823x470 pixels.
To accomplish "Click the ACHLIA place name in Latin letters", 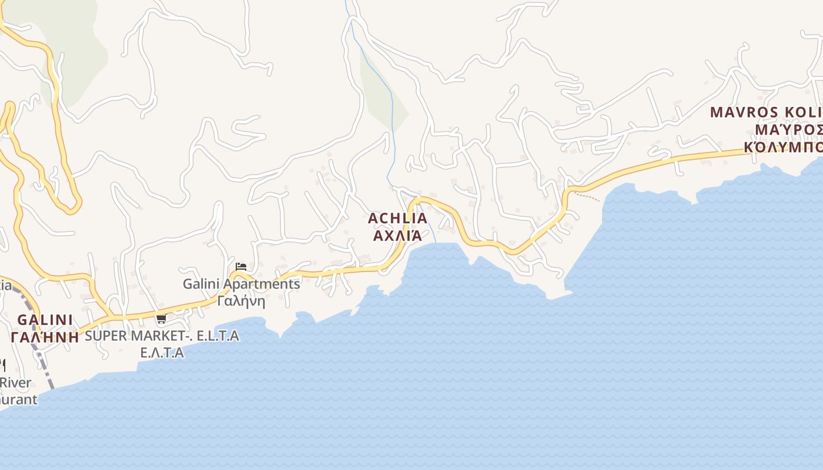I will pyautogui.click(x=397, y=218).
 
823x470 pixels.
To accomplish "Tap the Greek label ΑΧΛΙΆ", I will pyautogui.click(x=397, y=236).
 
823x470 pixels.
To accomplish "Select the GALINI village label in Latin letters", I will pyautogui.click(x=45, y=320).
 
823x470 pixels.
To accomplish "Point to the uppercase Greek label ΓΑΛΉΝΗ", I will pyautogui.click(x=45, y=337).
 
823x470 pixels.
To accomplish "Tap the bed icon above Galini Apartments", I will pyautogui.click(x=240, y=267).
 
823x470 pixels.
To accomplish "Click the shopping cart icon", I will pyautogui.click(x=161, y=319).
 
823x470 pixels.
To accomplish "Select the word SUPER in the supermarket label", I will pyautogui.click(x=106, y=335).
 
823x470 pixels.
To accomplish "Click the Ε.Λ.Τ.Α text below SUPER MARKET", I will pyautogui.click(x=162, y=352).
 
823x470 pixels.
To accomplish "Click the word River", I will pyautogui.click(x=16, y=382).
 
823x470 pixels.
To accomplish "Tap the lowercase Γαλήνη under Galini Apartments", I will pyautogui.click(x=241, y=301).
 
